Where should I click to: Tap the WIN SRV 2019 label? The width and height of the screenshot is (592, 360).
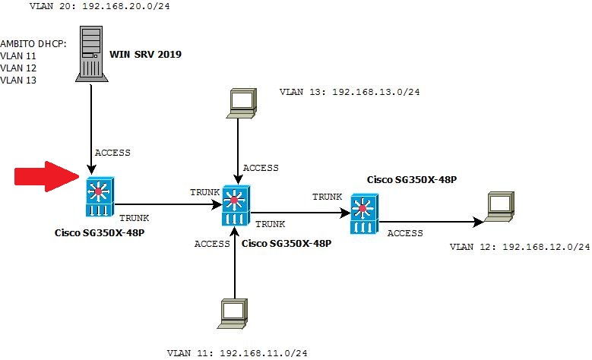tap(146, 55)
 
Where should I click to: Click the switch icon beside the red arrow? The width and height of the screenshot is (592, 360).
tap(99, 196)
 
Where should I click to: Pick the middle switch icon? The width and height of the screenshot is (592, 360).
tap(235, 204)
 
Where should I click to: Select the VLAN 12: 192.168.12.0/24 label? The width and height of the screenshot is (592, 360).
tap(520, 247)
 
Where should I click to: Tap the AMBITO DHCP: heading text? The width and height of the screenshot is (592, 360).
tap(33, 43)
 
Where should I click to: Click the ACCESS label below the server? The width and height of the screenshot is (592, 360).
tap(112, 153)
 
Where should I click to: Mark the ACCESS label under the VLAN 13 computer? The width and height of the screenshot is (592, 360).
tap(261, 168)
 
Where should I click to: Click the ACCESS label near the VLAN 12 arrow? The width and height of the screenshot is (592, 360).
tap(405, 233)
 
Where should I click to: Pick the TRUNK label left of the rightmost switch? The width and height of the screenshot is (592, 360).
tap(328, 197)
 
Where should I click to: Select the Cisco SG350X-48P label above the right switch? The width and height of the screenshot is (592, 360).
tap(411, 180)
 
